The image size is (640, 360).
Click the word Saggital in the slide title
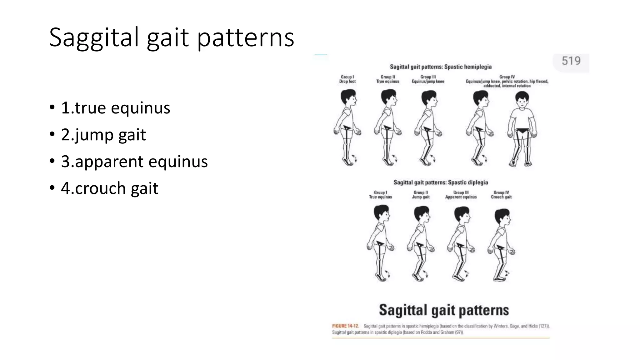coord(94,37)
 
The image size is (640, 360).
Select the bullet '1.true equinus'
coord(115,108)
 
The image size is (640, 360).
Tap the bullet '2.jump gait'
coord(103,135)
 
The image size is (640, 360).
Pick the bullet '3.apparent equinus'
coord(134,162)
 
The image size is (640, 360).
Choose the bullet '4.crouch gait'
coord(109,188)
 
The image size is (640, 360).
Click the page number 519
coord(571,61)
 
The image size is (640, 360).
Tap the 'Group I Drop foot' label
coord(347,79)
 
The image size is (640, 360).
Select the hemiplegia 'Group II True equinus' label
coord(387,79)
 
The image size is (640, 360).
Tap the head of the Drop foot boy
coord(348,97)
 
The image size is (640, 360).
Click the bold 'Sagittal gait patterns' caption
coord(444,310)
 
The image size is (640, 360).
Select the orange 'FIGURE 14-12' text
coord(345,326)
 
